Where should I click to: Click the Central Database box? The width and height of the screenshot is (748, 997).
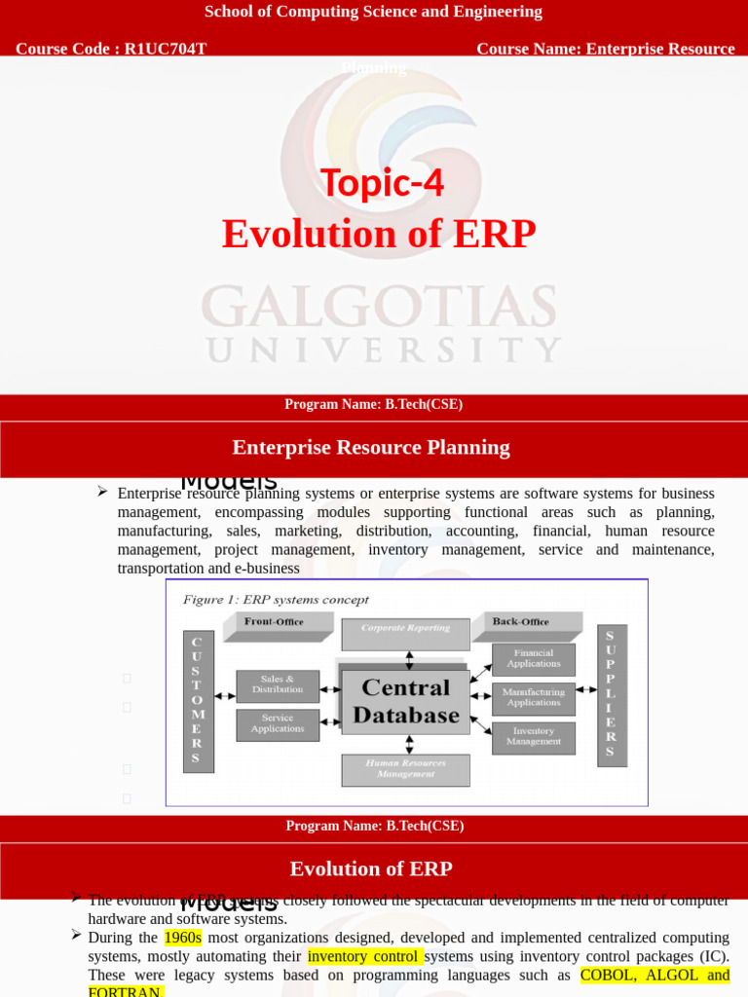pyautogui.click(x=405, y=701)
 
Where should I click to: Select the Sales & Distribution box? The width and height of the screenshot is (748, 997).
pyautogui.click(x=278, y=684)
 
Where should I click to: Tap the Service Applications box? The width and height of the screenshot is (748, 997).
pyautogui.click(x=278, y=723)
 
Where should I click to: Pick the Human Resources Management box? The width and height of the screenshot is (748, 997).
pyautogui.click(x=405, y=769)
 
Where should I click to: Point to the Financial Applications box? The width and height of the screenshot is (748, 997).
pyautogui.click(x=533, y=659)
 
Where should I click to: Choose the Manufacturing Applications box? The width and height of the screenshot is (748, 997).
pyautogui.click(x=533, y=698)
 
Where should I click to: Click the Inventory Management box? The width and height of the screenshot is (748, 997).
pyautogui.click(x=533, y=737)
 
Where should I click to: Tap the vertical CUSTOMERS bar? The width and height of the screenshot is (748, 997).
pyautogui.click(x=197, y=700)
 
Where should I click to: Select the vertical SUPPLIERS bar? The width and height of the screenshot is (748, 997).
pyautogui.click(x=611, y=694)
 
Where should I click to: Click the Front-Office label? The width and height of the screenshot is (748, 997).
pyautogui.click(x=274, y=621)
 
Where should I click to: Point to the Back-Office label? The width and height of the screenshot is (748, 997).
pyautogui.click(x=520, y=621)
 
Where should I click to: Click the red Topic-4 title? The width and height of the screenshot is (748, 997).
pyautogui.click(x=382, y=183)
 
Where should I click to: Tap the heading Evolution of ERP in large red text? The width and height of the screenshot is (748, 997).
pyautogui.click(x=379, y=235)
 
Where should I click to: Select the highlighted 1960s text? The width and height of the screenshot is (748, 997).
pyautogui.click(x=183, y=938)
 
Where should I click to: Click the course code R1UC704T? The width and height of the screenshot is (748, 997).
pyautogui.click(x=166, y=49)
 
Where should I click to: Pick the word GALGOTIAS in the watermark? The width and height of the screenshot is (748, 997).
pyautogui.click(x=380, y=308)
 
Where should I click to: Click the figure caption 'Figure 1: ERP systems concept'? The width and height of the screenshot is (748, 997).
pyautogui.click(x=276, y=600)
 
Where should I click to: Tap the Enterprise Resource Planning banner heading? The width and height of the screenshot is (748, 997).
pyautogui.click(x=371, y=447)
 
